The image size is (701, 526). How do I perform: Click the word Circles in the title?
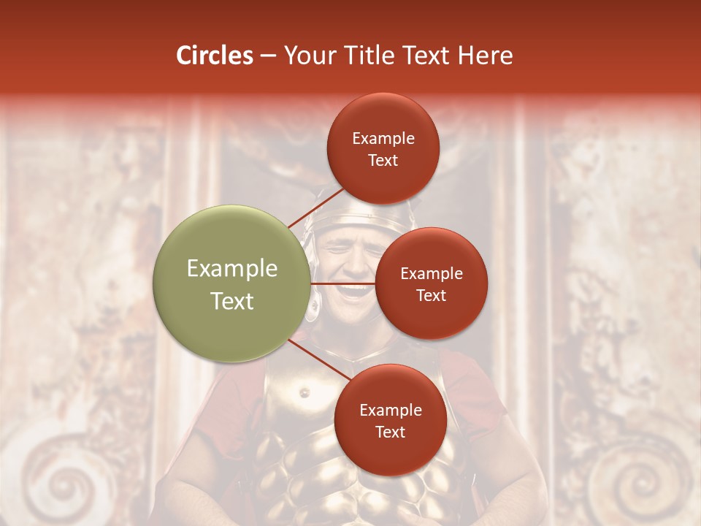coord(215,56)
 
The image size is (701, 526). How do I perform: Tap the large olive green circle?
coord(232,283)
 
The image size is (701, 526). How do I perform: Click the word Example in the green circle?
coord(232,269)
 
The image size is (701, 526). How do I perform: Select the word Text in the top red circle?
coord(383,160)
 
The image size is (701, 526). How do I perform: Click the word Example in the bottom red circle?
coord(391,411)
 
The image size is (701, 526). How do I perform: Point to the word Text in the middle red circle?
coord(432,295)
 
